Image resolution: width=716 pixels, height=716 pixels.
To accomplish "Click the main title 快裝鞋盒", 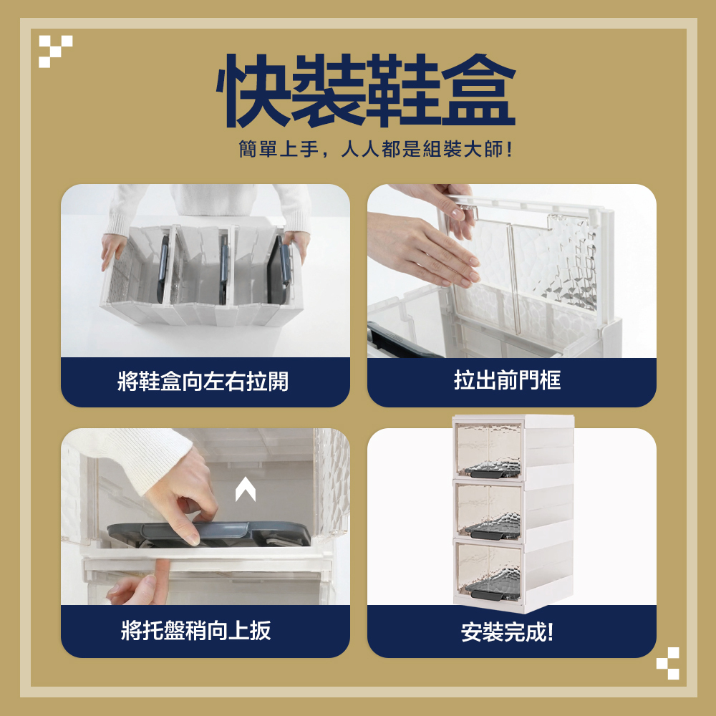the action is point(366,90).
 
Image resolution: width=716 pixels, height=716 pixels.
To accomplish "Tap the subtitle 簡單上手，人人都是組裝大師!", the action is point(375,150).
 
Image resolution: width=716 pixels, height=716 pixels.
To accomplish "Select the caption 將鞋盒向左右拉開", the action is point(203,382).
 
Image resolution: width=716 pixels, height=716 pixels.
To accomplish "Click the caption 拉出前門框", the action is point(508,380).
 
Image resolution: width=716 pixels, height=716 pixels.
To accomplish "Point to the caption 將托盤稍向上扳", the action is point(196,631).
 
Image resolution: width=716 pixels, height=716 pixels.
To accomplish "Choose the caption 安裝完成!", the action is point(508,632).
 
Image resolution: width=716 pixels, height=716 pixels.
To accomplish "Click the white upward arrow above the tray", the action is point(245,489).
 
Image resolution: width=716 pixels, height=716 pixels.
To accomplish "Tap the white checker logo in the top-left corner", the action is point(55,51).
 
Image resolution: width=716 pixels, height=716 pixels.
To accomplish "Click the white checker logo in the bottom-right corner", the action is point(667,663).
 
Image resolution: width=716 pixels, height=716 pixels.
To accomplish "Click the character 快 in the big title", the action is point(253,90).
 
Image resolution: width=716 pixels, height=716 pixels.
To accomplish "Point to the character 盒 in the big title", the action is point(478,90).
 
